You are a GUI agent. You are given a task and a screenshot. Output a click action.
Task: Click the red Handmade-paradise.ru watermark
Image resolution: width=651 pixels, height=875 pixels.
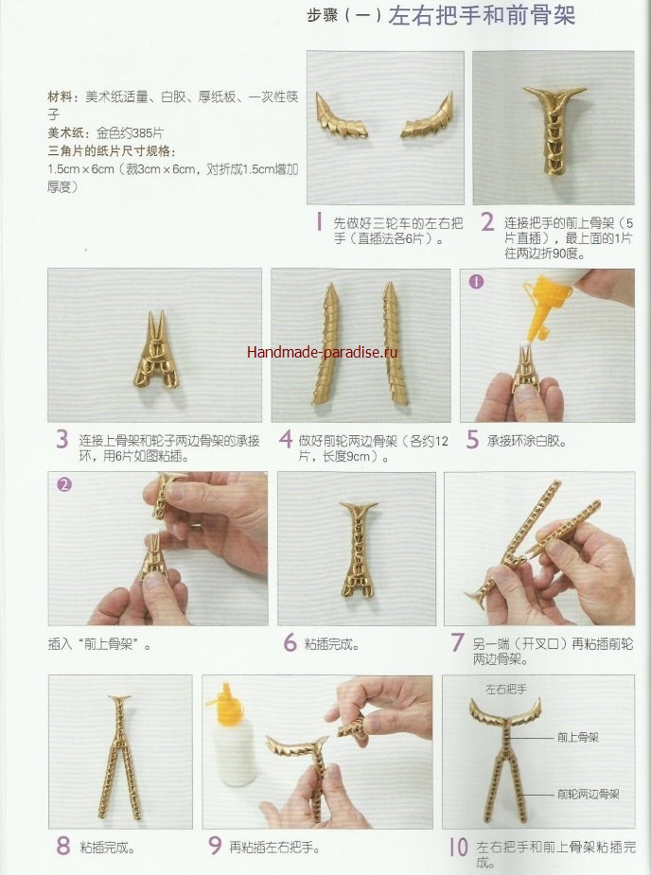(322, 352)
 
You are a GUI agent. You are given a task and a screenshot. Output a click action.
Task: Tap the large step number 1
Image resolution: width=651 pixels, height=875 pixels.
(319, 222)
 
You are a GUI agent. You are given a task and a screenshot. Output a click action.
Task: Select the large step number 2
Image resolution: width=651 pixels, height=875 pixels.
(487, 222)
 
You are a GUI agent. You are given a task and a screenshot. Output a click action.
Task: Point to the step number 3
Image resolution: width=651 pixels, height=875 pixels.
(62, 439)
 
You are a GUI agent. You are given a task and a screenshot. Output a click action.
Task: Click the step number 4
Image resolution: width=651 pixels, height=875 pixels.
(286, 439)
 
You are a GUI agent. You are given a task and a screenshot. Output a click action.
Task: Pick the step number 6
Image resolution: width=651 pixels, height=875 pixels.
(290, 642)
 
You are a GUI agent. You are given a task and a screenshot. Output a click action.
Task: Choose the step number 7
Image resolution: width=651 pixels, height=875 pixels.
(457, 642)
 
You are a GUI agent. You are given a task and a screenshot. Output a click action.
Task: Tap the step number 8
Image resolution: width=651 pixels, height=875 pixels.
(63, 846)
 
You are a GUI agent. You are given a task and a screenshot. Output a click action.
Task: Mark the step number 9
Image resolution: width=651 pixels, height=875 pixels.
(215, 846)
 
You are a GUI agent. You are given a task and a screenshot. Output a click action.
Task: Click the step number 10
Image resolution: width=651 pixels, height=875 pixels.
(458, 848)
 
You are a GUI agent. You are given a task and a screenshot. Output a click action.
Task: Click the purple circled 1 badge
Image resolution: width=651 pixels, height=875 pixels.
(476, 282)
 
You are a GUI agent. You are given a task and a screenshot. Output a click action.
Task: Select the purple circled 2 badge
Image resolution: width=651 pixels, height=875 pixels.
(64, 484)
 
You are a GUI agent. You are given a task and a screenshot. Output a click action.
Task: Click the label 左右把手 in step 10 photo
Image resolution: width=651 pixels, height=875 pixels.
(506, 690)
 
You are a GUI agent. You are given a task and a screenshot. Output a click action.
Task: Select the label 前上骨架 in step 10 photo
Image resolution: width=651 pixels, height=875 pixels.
(578, 738)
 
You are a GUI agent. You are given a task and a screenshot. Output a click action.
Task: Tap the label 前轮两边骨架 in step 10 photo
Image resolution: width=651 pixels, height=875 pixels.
(589, 794)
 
